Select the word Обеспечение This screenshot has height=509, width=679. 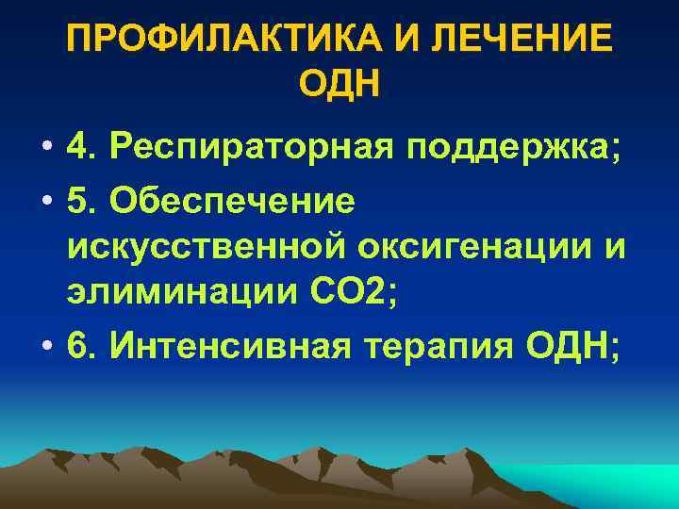233,200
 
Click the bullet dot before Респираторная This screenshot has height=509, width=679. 44,149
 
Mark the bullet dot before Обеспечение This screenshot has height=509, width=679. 44,202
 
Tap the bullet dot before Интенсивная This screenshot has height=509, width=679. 44,348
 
